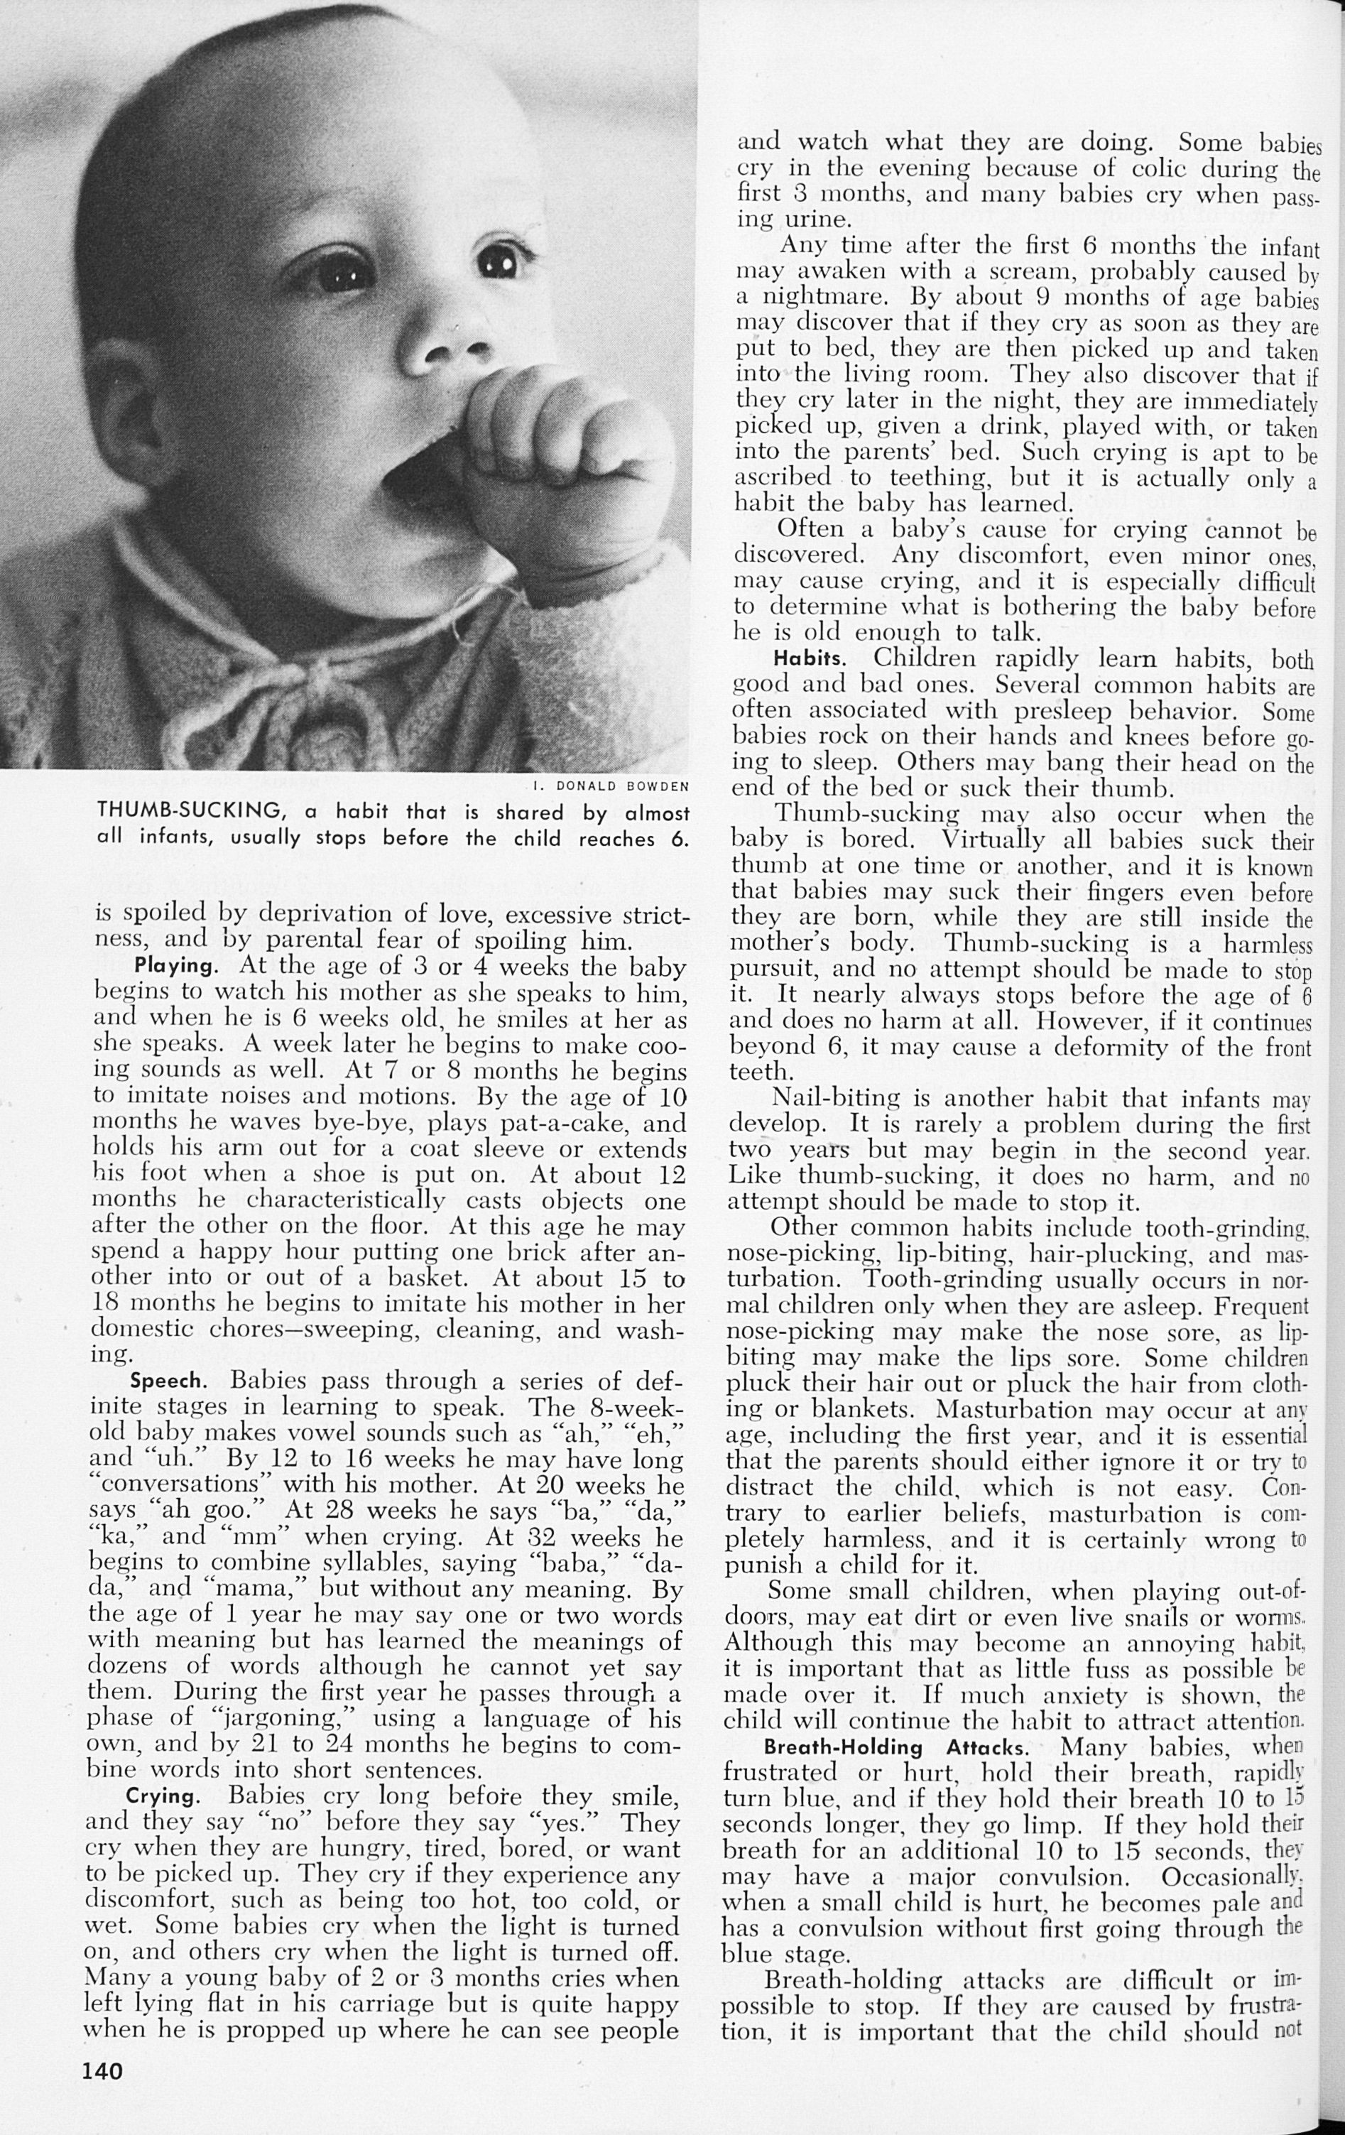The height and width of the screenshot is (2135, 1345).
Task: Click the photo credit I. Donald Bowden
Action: click(x=611, y=786)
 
